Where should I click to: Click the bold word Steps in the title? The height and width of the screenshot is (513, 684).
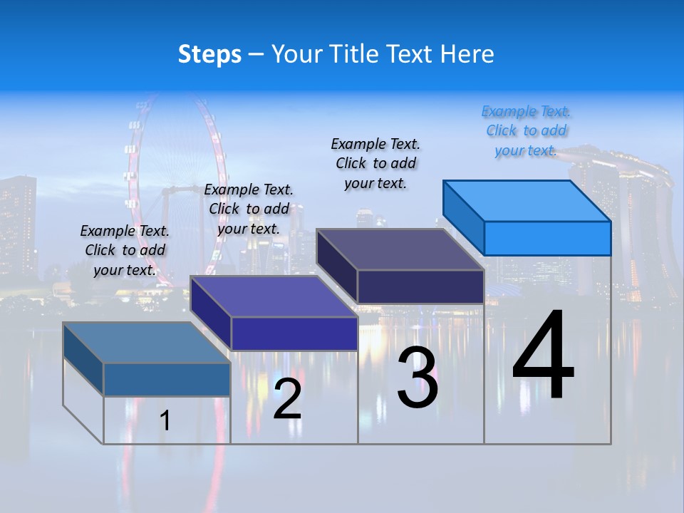click(x=209, y=54)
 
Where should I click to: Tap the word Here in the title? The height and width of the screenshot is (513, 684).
click(x=467, y=54)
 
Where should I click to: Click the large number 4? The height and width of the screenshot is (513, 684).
click(x=543, y=356)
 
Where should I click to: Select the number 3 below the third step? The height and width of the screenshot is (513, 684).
click(x=418, y=378)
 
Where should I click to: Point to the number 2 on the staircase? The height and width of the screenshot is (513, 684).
click(x=287, y=399)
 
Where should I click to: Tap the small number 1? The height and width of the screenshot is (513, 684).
click(x=165, y=420)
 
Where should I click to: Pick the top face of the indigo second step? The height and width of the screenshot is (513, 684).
click(x=274, y=296)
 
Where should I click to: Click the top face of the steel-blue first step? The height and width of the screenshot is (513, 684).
click(x=147, y=343)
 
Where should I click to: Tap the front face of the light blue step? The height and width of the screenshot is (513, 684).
click(x=547, y=238)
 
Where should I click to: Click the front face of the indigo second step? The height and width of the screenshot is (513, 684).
click(x=294, y=333)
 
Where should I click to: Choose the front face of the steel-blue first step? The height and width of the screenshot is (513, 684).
click(x=167, y=379)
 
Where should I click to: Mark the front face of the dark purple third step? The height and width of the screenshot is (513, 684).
click(x=420, y=286)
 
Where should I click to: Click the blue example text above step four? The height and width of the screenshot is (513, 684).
click(x=526, y=131)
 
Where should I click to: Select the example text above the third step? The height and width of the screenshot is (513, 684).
click(x=375, y=163)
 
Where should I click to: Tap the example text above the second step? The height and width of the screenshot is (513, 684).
click(x=249, y=209)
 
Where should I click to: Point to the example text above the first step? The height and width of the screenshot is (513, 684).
click(x=125, y=251)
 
